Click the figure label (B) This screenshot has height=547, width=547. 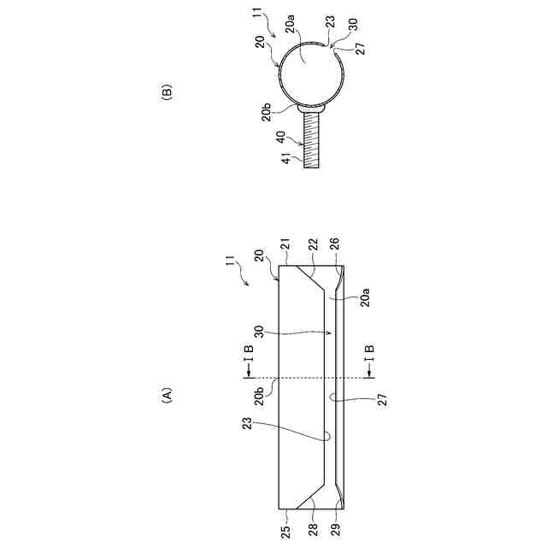[x=168, y=92]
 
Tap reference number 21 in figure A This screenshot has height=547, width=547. [x=285, y=245]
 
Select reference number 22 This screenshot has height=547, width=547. [x=313, y=245]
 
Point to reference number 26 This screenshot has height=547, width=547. [x=334, y=245]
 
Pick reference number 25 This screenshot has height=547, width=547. [x=285, y=532]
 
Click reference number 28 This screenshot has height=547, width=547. [x=313, y=532]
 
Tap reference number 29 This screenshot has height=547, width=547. [x=335, y=532]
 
